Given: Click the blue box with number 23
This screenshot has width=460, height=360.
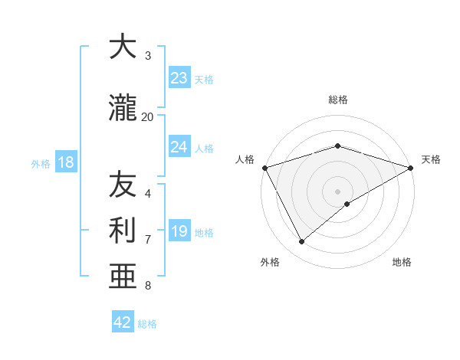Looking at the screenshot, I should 179,78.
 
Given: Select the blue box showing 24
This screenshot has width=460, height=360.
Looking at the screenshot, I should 179,147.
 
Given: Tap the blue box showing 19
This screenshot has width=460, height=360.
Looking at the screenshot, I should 179,231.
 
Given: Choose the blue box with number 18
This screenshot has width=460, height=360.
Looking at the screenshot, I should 66,162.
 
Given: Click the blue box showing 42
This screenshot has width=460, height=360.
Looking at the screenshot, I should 123,322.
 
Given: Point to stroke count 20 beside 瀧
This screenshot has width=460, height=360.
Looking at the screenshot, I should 148,117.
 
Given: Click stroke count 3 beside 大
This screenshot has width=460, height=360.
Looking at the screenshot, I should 148,56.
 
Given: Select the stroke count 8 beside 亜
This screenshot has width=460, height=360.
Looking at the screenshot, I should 148,286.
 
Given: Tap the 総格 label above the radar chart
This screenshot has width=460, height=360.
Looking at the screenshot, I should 337,100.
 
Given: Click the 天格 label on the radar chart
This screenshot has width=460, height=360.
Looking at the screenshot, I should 431,159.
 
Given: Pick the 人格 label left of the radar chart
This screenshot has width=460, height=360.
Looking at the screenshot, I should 245,159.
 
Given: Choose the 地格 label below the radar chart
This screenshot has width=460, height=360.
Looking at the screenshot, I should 402,262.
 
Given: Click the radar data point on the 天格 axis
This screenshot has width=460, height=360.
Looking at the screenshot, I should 411,167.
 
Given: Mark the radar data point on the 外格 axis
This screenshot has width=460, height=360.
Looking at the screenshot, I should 302,242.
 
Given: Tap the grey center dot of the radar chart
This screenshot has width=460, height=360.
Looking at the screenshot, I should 337,191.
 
